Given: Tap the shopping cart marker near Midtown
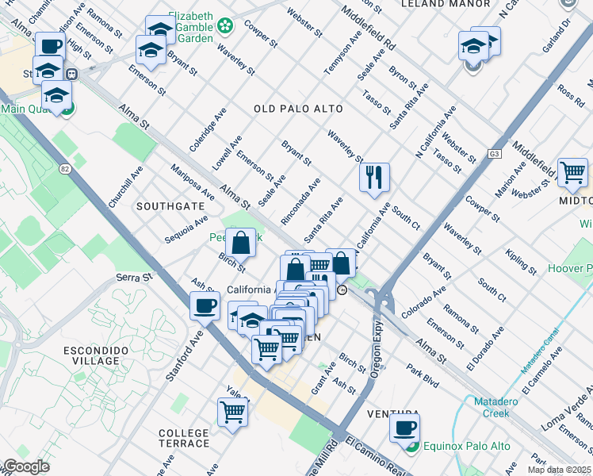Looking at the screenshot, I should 572,172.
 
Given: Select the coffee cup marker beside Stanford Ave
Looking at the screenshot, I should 205,305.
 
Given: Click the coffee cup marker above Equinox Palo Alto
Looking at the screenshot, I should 404,428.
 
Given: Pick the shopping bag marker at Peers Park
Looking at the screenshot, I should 240,242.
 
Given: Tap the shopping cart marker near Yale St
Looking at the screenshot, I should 233,412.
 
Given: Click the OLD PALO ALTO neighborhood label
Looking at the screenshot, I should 298,109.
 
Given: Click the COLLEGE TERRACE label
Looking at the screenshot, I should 184,438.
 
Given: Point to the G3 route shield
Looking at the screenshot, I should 495,153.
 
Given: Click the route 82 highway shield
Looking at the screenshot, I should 65,168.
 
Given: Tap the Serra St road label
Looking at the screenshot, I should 132,278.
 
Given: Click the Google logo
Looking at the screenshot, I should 25,466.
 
